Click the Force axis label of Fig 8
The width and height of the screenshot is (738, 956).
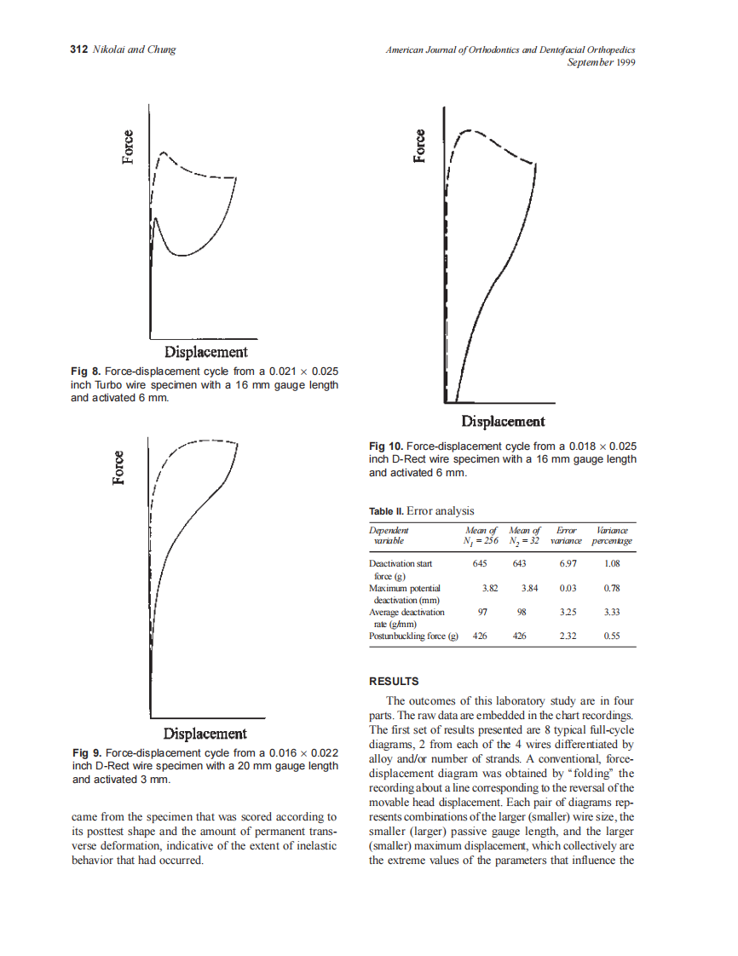128,148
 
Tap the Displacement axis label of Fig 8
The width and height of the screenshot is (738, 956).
206,352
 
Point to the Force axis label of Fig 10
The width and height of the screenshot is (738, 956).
419,146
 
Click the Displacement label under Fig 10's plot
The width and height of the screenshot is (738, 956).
503,421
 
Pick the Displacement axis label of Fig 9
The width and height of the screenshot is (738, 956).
205,734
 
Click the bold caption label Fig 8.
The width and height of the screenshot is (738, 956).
86,371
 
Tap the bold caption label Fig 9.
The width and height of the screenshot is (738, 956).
87,753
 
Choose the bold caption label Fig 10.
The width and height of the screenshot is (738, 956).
386,446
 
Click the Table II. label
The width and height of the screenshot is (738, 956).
386,511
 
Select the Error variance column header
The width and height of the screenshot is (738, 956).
567,535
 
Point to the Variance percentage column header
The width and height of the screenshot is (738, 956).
612,535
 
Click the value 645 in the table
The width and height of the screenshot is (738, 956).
479,564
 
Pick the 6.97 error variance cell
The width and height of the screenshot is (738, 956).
568,564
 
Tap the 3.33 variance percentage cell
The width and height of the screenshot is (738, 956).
611,612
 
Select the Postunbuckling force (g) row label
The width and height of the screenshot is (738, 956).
413,636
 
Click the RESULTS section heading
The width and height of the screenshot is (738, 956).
394,682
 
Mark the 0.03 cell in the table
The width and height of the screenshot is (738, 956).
567,588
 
